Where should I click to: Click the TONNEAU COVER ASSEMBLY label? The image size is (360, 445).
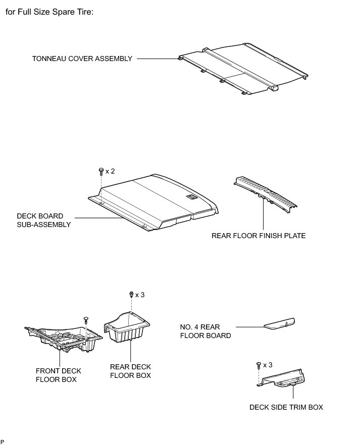tap(82, 59)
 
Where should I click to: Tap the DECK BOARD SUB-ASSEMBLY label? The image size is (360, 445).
tap(44, 220)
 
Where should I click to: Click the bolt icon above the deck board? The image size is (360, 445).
tap(101, 172)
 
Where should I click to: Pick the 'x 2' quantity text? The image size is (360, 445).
tap(110, 172)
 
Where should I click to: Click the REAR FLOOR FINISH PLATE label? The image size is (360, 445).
tap(259, 236)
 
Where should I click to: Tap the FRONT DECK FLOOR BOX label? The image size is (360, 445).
tap(58, 375)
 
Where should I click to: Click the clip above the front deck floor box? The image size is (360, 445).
tap(85, 319)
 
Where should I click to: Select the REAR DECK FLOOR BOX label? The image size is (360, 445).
tap(130, 371)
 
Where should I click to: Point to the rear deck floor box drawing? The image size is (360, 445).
tap(129, 327)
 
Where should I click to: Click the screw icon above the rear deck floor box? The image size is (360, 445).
tap(131, 295)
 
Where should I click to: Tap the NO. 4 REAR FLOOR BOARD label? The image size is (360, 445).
tap(205, 331)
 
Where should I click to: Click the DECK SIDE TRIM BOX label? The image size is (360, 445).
tap(286, 407)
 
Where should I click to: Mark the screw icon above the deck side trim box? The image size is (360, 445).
tap(259, 364)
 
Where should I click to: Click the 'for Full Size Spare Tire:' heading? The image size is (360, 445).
tap(49, 12)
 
